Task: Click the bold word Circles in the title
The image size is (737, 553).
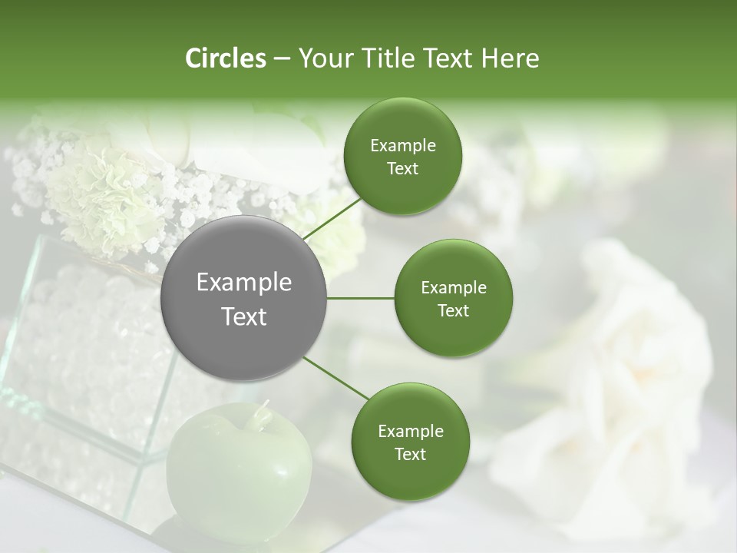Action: pyautogui.click(x=225, y=58)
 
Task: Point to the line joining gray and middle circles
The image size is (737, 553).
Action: pyautogui.click(x=360, y=297)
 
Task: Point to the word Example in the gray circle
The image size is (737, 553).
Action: pyautogui.click(x=243, y=283)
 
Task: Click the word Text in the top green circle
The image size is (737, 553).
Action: pyautogui.click(x=402, y=169)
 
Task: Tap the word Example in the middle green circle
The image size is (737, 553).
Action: pyautogui.click(x=453, y=288)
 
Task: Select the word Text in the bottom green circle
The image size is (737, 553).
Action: pyautogui.click(x=410, y=454)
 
